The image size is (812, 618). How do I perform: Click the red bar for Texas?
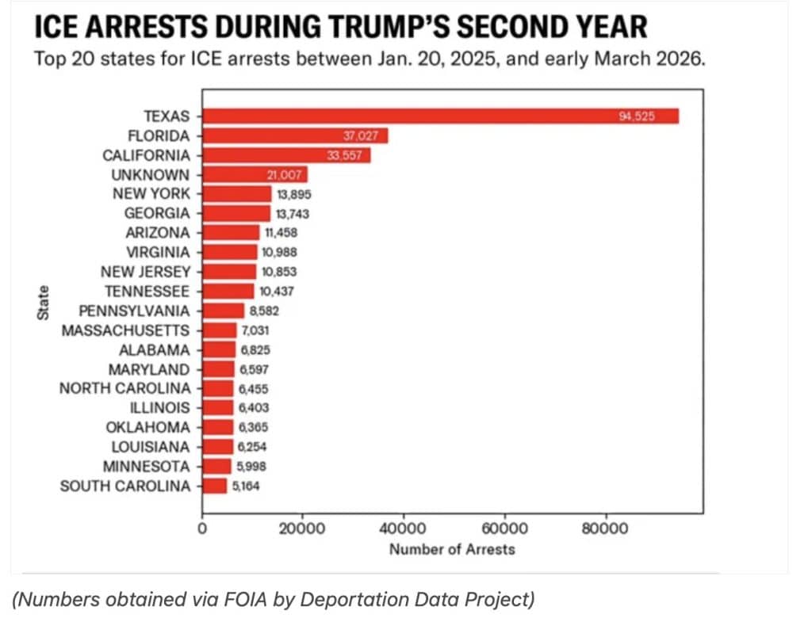tap(440, 116)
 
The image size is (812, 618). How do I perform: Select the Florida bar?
tap(295, 136)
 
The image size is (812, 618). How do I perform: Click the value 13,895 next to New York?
tap(293, 194)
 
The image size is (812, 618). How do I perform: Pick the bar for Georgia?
tap(236, 213)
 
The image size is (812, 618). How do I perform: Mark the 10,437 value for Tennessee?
tap(276, 291)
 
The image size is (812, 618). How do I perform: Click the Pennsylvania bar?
tap(224, 311)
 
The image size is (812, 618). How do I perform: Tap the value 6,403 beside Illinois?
tap(254, 407)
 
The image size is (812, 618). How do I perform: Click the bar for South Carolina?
tap(215, 486)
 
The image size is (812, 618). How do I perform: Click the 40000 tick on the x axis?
tap(404, 528)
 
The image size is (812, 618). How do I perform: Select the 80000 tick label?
tap(605, 528)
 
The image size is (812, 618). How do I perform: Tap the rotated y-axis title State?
tap(44, 303)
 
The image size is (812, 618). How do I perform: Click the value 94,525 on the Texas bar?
tap(636, 116)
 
